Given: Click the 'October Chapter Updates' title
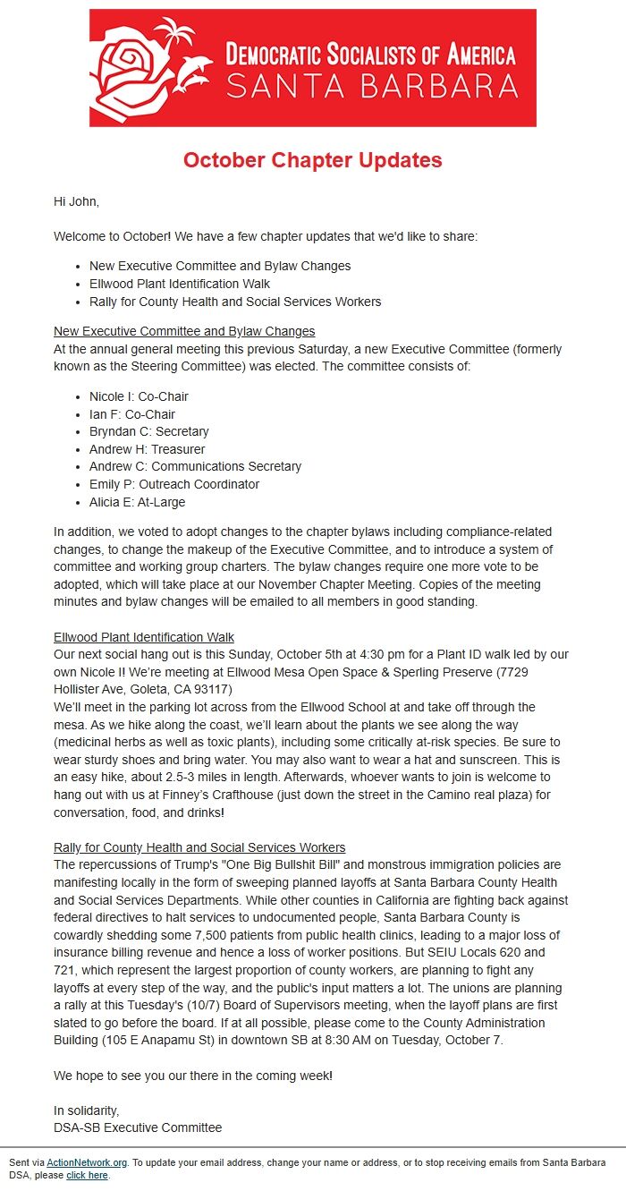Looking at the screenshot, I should click(313, 160).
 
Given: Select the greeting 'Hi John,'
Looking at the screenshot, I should click(76, 201).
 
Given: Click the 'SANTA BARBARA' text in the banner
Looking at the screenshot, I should click(371, 86).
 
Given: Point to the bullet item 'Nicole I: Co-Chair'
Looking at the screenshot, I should click(139, 396).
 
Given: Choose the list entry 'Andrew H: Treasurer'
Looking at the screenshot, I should click(147, 449).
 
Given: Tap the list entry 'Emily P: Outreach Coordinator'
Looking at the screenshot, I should click(174, 484).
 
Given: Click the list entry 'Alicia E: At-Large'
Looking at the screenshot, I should click(137, 502).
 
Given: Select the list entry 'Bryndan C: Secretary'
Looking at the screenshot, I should click(148, 431).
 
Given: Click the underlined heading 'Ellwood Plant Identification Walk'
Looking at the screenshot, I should click(144, 637).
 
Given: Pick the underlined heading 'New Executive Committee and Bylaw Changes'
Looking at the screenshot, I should click(184, 331).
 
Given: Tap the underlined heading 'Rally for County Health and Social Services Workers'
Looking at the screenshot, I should click(199, 847).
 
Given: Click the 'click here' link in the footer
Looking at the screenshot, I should click(87, 1175).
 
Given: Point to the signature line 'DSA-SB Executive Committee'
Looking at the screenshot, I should click(138, 1127).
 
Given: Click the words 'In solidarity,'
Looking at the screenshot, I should click(86, 1110).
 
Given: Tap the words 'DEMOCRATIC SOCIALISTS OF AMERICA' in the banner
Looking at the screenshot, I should click(371, 55).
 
